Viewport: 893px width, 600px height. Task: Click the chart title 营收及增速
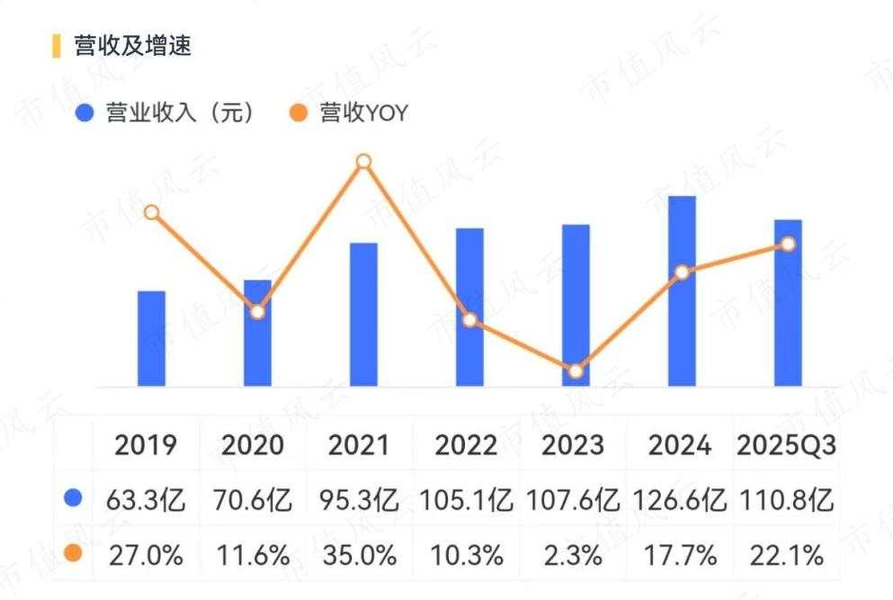tap(133, 46)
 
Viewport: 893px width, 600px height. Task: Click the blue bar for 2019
tap(151, 339)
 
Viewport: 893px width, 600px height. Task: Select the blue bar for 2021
tap(363, 315)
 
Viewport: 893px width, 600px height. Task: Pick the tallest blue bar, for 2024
tap(683, 291)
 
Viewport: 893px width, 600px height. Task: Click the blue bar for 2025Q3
tap(788, 303)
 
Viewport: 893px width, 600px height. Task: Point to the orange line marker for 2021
tap(363, 161)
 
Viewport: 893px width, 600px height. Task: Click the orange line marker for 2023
tap(576, 371)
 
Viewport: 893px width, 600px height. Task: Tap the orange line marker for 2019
tap(152, 212)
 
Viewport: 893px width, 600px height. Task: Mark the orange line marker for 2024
tap(682, 272)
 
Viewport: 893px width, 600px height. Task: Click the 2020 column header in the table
tap(253, 444)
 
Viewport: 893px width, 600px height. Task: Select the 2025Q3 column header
tap(787, 444)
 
